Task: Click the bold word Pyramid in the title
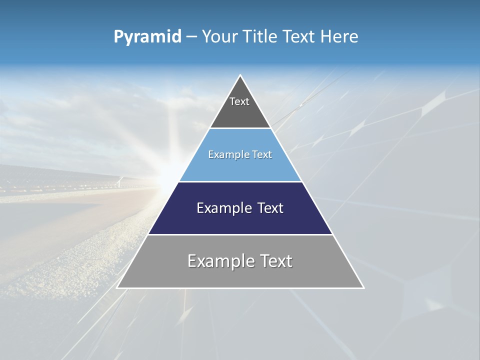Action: tap(147, 37)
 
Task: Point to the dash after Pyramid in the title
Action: tap(191, 37)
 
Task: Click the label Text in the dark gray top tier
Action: tap(239, 101)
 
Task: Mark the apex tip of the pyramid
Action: tap(240, 75)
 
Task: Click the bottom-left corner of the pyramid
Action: tap(117, 288)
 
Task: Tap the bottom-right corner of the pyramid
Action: tap(364, 288)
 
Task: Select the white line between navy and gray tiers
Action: tap(240, 234)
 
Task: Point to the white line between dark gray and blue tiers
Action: tap(240, 128)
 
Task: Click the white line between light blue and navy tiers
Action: tap(240, 181)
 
